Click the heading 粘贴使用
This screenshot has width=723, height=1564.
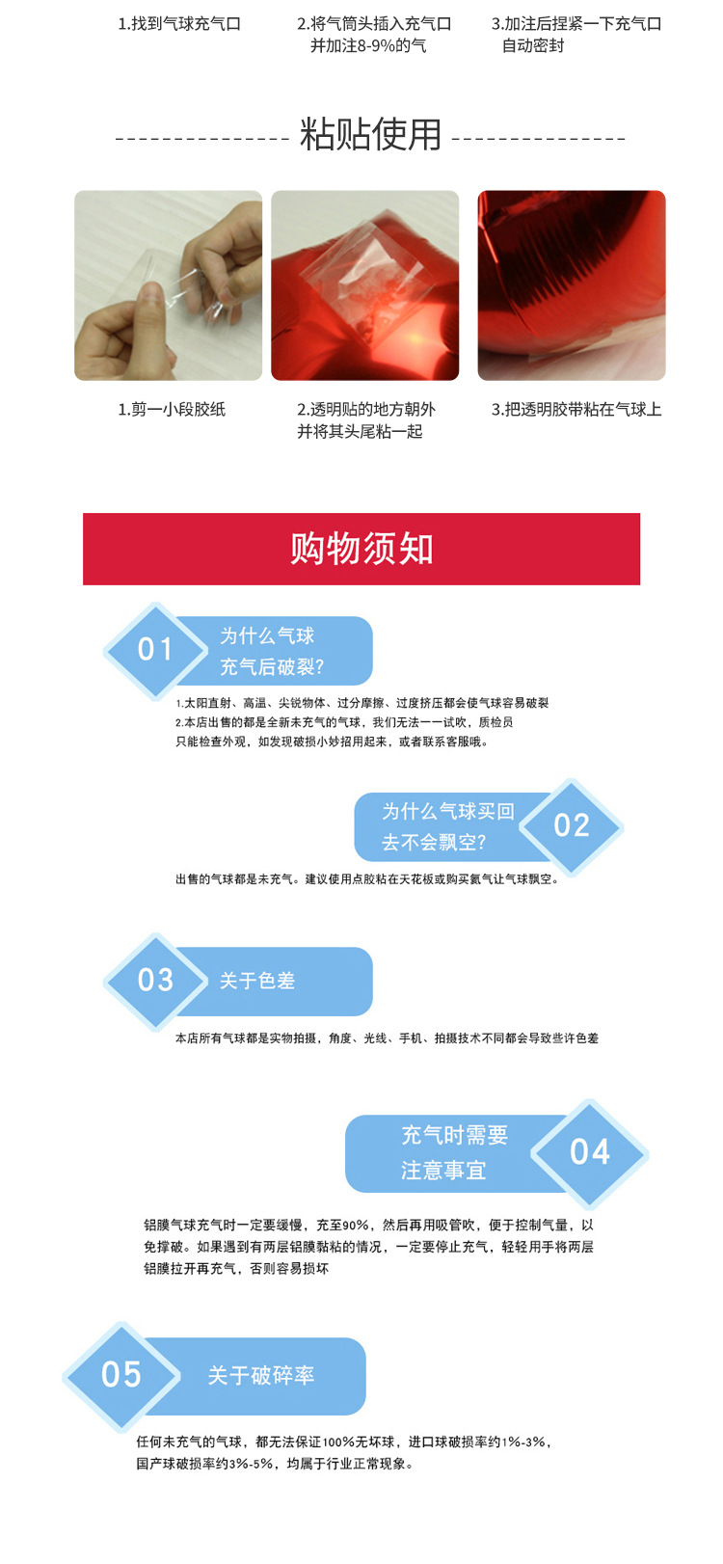point(370,135)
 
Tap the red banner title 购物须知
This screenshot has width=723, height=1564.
point(361,549)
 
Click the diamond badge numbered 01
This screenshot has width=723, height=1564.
point(155,650)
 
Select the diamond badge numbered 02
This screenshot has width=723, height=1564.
point(572,825)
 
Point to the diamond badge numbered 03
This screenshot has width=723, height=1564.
point(155,981)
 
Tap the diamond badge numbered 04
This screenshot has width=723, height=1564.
point(590,1152)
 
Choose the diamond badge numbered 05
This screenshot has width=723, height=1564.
point(121,1375)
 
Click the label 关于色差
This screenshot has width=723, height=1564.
point(256,981)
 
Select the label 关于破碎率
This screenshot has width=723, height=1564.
point(261,1376)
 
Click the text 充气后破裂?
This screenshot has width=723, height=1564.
point(272,667)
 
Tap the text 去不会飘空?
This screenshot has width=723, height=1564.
point(434,843)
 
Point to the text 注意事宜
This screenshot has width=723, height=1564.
point(443,1171)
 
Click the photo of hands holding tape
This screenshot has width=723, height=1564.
point(169,285)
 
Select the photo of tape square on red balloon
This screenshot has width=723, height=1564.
point(365,285)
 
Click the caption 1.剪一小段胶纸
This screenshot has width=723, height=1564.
point(172,410)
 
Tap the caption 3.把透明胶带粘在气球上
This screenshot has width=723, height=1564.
point(576,410)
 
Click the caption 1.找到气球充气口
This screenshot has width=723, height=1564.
point(179,24)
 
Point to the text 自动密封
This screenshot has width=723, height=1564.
point(533,46)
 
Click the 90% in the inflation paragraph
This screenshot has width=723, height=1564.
point(356,1226)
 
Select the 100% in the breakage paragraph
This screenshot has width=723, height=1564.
point(339,1443)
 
